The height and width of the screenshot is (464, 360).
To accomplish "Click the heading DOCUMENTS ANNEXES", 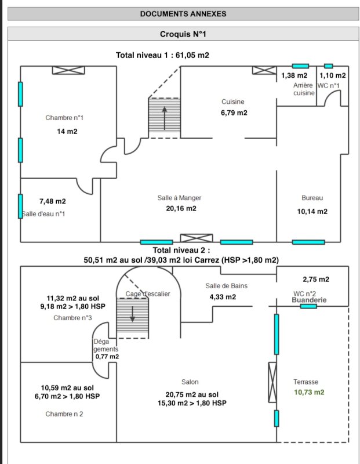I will [183, 14].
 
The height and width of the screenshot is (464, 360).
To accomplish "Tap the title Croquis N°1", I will [183, 34].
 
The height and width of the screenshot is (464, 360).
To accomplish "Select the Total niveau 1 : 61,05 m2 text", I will [162, 56].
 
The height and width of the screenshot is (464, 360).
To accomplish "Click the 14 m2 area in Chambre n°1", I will [67, 132].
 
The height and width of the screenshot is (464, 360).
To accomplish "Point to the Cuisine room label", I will [233, 102].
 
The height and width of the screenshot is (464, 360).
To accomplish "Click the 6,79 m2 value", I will [234, 113].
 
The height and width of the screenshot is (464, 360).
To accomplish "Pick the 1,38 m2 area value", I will [294, 76].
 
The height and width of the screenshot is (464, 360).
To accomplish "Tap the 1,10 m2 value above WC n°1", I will [333, 76].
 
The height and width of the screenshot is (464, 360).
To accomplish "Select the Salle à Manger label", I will [179, 198].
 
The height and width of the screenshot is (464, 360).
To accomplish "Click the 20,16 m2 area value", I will [180, 209].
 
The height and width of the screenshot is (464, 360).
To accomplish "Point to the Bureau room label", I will [312, 198].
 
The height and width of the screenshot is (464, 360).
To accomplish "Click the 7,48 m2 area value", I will [53, 201].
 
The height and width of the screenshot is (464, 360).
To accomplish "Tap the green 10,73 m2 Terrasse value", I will [309, 393].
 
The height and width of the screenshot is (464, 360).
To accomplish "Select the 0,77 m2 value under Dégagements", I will [107, 357].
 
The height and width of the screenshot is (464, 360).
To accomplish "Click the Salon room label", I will [190, 382].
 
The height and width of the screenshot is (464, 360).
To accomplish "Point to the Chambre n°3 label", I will [72, 318].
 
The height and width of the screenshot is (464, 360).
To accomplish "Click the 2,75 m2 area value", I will [316, 279].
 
